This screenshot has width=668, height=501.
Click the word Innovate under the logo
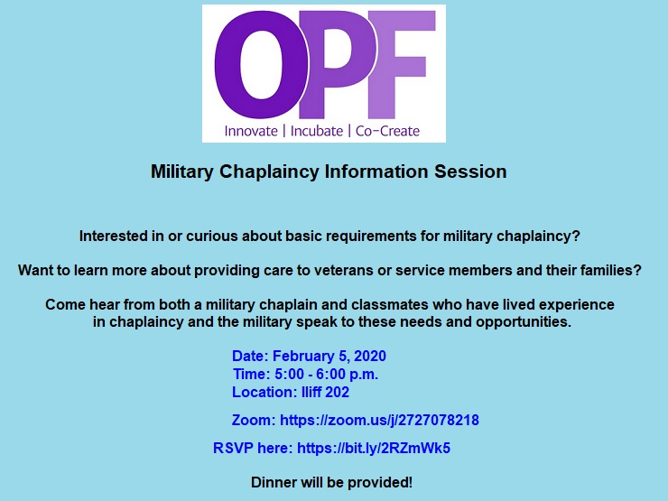(251, 131)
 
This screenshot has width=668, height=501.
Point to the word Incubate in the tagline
(317, 131)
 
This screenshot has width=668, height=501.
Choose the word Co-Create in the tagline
(387, 131)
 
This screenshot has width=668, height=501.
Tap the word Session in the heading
(470, 172)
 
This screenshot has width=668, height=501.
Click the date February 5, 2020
(329, 356)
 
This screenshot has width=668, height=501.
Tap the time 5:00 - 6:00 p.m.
(327, 374)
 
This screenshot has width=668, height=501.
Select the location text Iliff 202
(325, 392)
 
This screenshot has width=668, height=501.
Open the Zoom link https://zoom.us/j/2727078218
(379, 420)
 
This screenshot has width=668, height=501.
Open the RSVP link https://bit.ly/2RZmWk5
(374, 448)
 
